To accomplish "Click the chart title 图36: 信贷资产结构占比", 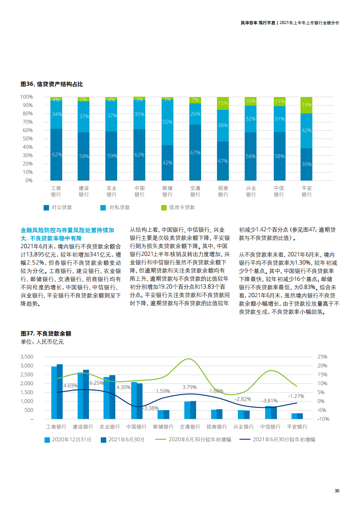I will (52, 84).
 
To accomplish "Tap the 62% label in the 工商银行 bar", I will (57, 155).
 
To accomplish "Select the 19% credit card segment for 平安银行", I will (306, 105).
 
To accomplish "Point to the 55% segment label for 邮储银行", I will (167, 122).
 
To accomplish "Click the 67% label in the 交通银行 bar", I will (195, 152).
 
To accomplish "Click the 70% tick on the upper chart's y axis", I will (26, 122).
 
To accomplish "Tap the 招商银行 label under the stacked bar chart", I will (223, 191).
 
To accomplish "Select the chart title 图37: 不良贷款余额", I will (46, 333).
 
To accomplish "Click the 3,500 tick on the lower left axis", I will (27, 357).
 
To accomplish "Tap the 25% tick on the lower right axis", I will (322, 357).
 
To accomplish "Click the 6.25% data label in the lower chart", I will (97, 383).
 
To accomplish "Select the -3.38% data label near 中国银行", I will (150, 408).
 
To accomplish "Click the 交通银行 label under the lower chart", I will (190, 427).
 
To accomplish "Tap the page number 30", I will (337, 491).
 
